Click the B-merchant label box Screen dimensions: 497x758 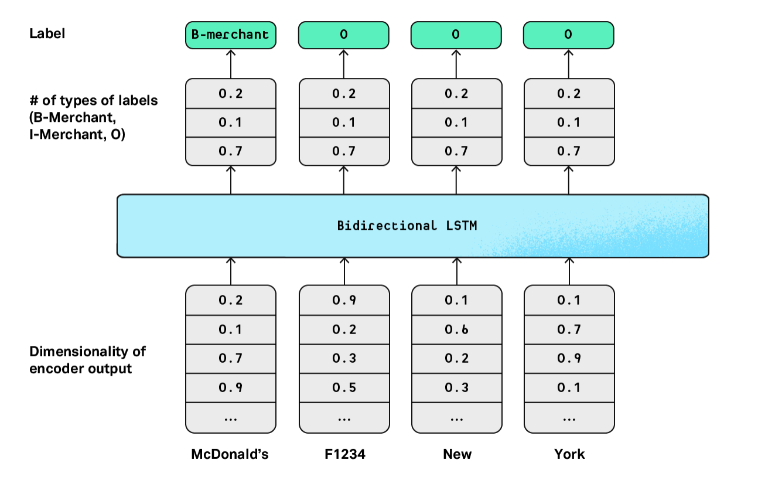230,35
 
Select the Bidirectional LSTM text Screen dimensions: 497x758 407,226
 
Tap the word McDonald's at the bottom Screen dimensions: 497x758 230,454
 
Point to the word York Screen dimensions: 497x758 569,454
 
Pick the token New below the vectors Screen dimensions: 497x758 456,454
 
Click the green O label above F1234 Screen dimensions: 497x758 344,35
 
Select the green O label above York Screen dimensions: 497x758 568,35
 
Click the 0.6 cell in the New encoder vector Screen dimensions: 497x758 456,329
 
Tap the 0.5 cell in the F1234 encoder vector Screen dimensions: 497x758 344,387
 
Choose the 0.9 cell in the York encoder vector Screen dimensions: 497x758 569,358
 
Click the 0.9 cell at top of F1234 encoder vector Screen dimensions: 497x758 344,300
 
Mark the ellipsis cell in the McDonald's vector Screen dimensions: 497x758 230,417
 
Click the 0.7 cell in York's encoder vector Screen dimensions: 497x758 569,329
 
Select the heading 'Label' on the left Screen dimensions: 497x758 47,33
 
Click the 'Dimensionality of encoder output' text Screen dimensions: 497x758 87,360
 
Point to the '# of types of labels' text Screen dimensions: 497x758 93,100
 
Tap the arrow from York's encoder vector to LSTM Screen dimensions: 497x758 569,271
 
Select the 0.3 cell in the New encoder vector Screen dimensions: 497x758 456,387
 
